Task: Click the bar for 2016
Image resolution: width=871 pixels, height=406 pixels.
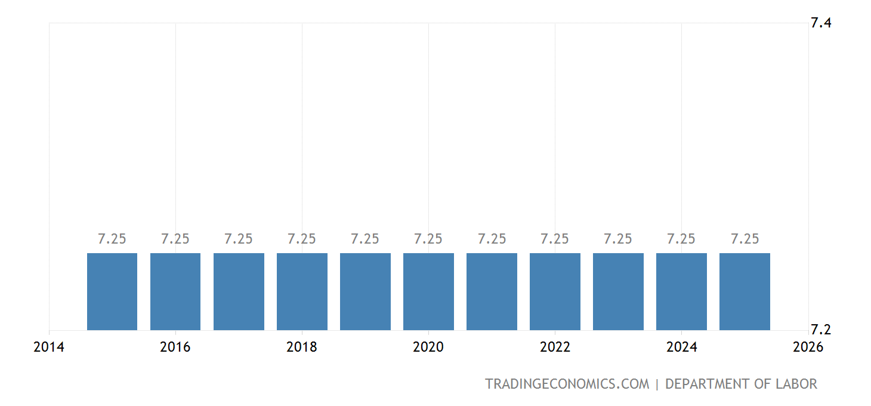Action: (x=175, y=291)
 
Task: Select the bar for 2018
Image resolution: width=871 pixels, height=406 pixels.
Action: (x=302, y=291)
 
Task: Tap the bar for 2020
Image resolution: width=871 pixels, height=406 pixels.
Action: (x=428, y=291)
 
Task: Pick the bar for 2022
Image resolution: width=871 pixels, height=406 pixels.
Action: (x=555, y=291)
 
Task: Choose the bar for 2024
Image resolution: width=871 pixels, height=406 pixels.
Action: (x=681, y=291)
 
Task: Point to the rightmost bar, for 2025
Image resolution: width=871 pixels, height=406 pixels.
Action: (x=745, y=291)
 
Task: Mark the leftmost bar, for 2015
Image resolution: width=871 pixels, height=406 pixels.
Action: (x=112, y=291)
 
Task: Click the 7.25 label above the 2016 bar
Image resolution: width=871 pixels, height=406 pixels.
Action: (x=175, y=239)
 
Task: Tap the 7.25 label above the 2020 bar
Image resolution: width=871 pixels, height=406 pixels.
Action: (x=428, y=239)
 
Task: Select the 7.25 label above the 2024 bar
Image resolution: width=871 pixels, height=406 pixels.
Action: (x=681, y=239)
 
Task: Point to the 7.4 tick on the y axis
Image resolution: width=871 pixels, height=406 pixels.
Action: (x=821, y=23)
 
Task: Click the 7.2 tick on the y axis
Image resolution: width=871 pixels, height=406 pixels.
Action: (x=821, y=330)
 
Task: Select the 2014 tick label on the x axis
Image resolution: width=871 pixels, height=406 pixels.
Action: (x=49, y=347)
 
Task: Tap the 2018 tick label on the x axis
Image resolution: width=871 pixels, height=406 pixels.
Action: (x=302, y=347)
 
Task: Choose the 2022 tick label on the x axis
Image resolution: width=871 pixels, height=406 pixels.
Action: (x=555, y=347)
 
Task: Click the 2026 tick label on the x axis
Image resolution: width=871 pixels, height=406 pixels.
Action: (x=808, y=347)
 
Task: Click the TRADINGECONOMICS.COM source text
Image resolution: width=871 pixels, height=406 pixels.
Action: (x=567, y=384)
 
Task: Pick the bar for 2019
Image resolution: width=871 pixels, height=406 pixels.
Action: (x=365, y=291)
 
